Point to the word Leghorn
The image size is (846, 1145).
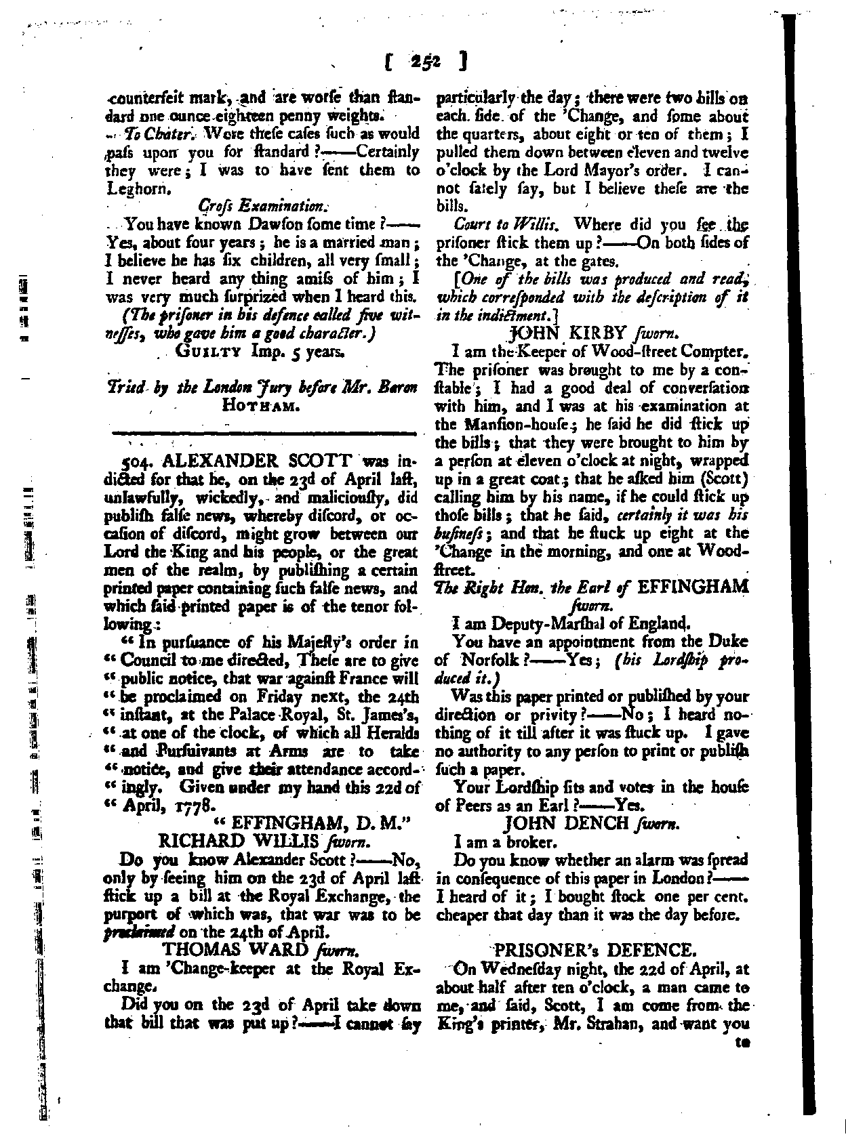(x=137, y=190)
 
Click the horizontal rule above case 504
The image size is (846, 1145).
(x=263, y=432)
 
